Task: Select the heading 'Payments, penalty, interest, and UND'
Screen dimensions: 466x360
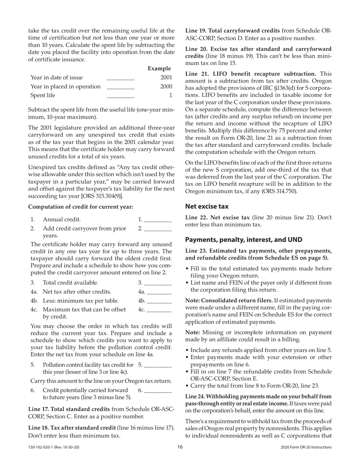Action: tap(244, 240)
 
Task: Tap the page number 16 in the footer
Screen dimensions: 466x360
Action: tap(180, 447)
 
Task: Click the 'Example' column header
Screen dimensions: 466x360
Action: tap(159, 69)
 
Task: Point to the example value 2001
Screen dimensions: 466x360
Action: tap(166, 78)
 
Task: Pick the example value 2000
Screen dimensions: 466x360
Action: tap(166, 86)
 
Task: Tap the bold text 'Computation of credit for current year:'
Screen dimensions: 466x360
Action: tap(81, 207)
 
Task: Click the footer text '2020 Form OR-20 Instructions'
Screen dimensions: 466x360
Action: tap(306, 447)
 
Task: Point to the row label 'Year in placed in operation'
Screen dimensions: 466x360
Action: tap(66, 86)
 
